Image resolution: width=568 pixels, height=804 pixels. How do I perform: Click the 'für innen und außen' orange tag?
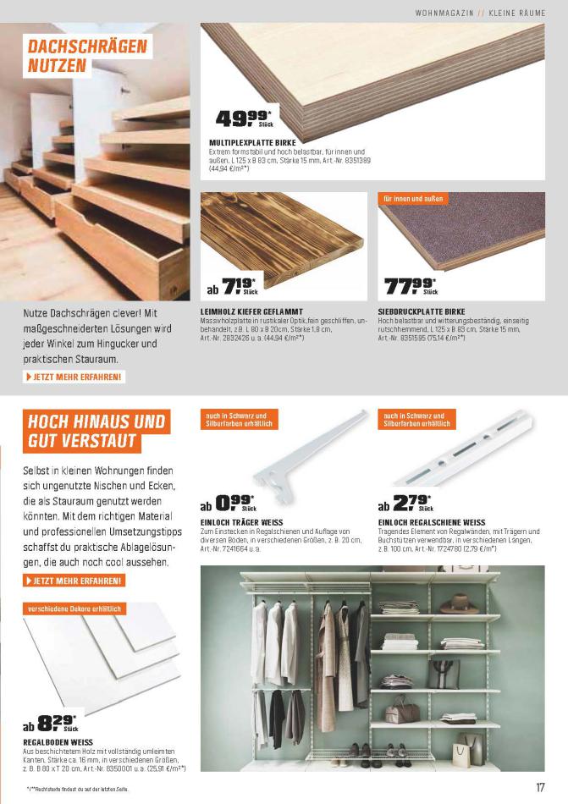[x=412, y=199]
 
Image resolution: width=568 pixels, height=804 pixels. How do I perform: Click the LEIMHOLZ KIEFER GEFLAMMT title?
[x=251, y=311]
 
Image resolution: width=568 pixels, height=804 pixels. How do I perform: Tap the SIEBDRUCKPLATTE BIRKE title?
[x=422, y=311]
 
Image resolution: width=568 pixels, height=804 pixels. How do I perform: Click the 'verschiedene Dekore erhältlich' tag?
[x=75, y=609]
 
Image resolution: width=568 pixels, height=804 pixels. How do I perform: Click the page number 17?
[x=540, y=787]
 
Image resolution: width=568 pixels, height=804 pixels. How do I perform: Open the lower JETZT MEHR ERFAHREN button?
[x=76, y=581]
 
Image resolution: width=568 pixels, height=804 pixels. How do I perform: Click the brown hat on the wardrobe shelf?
[x=465, y=603]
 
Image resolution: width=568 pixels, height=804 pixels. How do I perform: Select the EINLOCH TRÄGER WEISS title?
[x=241, y=522]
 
